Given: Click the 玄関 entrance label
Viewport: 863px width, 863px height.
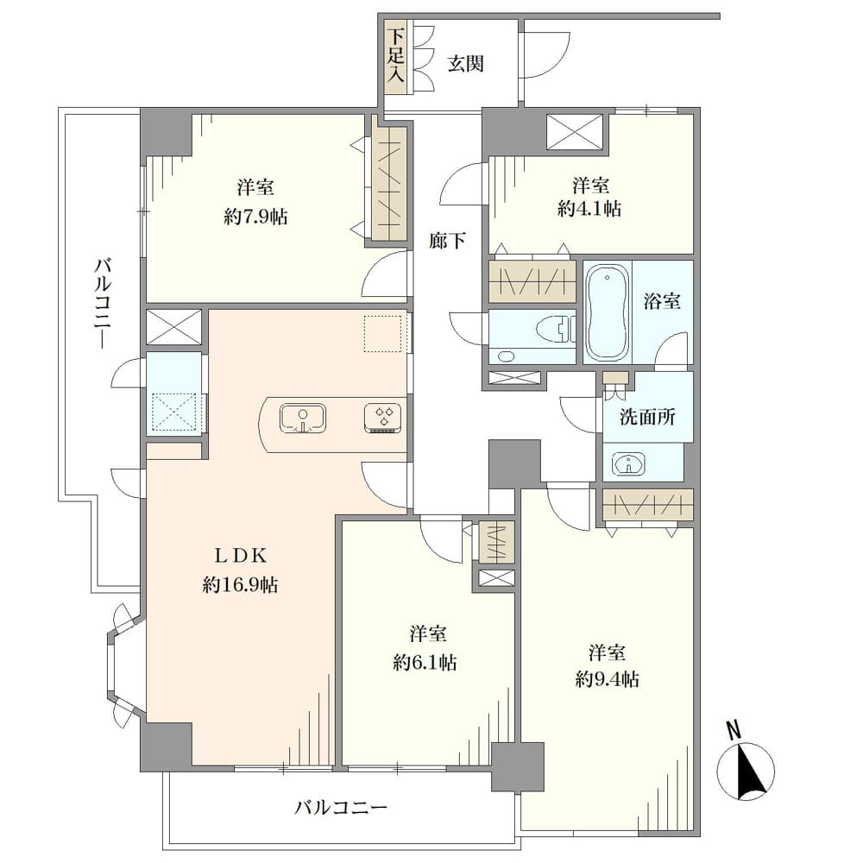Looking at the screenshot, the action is tap(466, 64).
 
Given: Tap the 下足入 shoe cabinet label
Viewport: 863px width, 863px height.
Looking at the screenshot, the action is tap(395, 56).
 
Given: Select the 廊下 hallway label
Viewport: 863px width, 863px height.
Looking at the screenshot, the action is tap(447, 240).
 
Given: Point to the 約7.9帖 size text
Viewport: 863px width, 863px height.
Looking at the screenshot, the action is tap(255, 217).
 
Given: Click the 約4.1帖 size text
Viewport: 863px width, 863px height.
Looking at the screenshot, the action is tap(590, 208).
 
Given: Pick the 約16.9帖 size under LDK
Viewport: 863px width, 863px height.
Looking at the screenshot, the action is tap(240, 584).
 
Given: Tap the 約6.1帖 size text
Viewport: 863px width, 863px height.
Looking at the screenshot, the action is tap(425, 662).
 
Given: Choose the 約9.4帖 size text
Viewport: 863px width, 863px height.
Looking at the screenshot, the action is tap(607, 680).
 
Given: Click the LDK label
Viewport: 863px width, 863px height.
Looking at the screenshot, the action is tap(240, 556).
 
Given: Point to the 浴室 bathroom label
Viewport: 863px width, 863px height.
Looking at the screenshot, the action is tap(662, 301).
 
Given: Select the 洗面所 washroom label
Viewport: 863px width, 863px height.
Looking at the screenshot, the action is tap(647, 417).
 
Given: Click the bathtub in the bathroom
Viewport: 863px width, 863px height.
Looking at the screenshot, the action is tap(607, 312).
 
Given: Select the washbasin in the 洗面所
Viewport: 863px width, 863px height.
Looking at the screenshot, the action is tap(628, 463).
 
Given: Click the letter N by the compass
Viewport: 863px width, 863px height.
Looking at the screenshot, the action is tap(734, 730).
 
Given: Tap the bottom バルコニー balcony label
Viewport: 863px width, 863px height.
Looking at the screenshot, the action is tap(341, 808).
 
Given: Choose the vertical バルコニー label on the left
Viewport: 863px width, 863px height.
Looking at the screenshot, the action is tap(103, 303).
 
